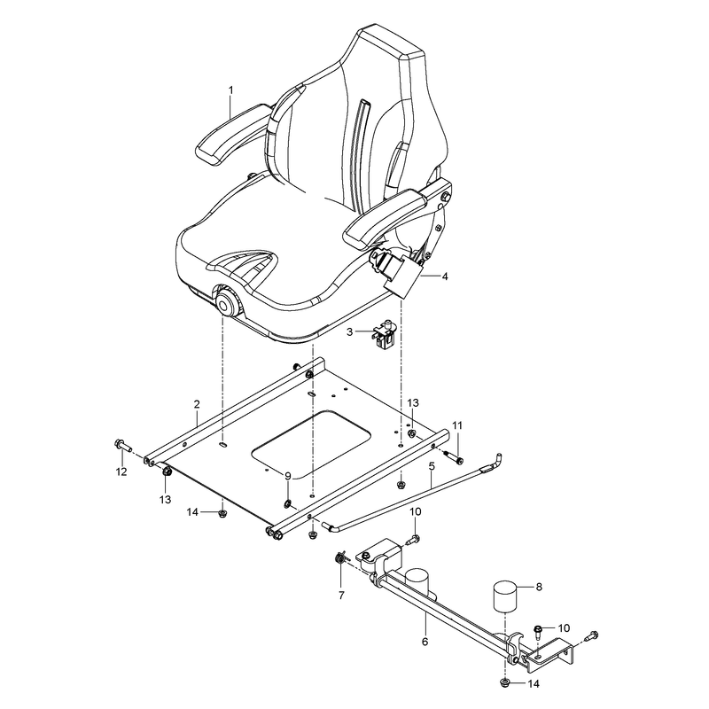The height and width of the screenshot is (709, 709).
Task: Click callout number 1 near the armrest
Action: pos(231,90)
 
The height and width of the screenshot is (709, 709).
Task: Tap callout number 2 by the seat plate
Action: pos(197,404)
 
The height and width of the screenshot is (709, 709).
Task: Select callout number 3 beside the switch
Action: pos(349,332)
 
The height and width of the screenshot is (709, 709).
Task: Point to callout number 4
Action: pos(445,277)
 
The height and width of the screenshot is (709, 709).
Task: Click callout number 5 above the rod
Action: pos(432,466)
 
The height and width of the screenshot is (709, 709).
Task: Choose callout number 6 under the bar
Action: pos(425,641)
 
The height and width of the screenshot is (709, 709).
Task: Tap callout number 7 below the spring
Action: pos(341,595)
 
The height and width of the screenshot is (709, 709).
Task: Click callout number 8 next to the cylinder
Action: pos(539,587)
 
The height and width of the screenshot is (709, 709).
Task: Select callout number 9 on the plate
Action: pos(288,475)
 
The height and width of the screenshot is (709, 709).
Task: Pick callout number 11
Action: pos(457,425)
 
